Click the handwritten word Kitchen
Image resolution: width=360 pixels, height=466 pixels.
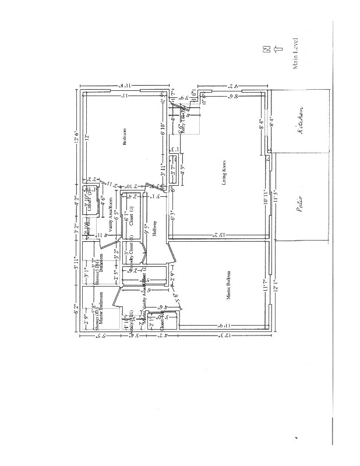[301, 121]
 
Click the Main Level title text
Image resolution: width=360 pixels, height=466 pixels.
[295, 53]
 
